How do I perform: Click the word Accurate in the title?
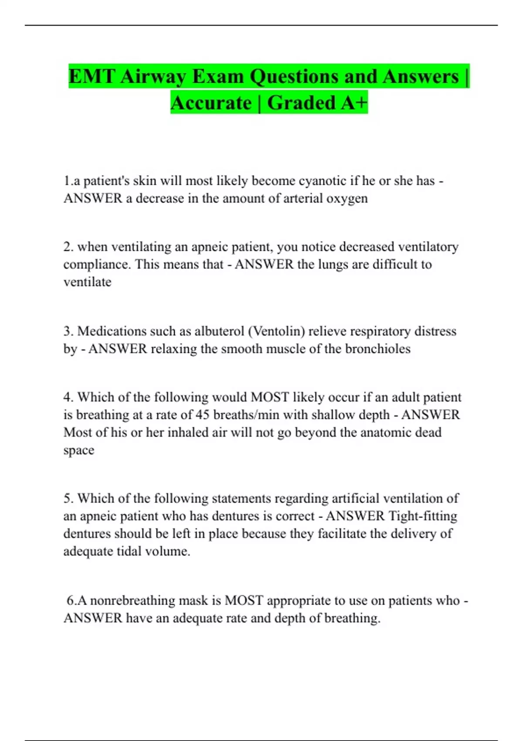tap(211, 103)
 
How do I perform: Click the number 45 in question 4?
tap(202, 415)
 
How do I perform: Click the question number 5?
tap(68, 499)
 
